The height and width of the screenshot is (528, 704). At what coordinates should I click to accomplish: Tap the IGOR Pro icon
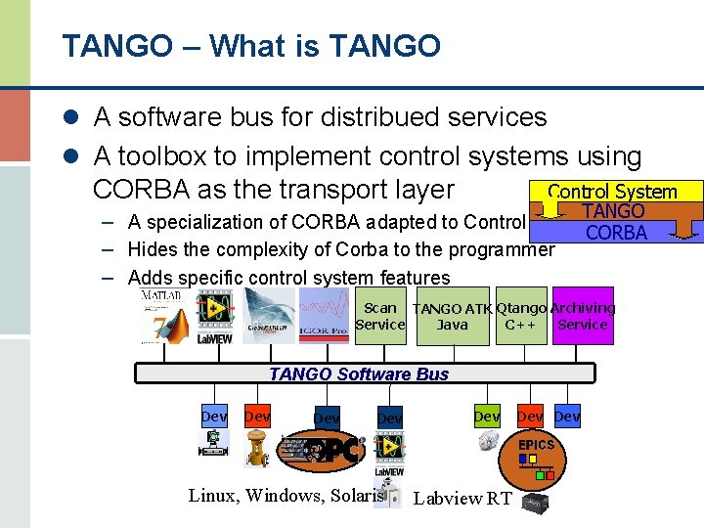tap(323, 316)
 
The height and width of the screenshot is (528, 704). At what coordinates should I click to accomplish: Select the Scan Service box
tap(379, 316)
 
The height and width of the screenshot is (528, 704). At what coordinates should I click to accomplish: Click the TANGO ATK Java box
tap(452, 317)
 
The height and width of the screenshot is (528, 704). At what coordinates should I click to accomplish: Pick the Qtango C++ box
tap(521, 316)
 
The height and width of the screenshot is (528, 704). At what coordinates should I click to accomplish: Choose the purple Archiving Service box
tap(583, 316)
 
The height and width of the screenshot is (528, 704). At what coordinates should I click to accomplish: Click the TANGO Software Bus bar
tap(364, 374)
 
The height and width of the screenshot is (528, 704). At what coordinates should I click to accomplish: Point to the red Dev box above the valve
tap(257, 417)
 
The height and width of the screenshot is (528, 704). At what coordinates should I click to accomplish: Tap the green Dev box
tap(487, 417)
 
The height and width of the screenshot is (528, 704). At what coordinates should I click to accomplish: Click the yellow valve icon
tap(257, 450)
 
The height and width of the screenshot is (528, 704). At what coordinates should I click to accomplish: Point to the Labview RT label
tap(462, 499)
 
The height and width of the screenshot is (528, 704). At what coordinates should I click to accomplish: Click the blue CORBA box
tap(616, 232)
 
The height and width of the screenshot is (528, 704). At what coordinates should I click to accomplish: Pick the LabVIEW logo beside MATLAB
tap(214, 318)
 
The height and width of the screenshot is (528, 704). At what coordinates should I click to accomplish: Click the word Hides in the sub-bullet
tap(154, 249)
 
